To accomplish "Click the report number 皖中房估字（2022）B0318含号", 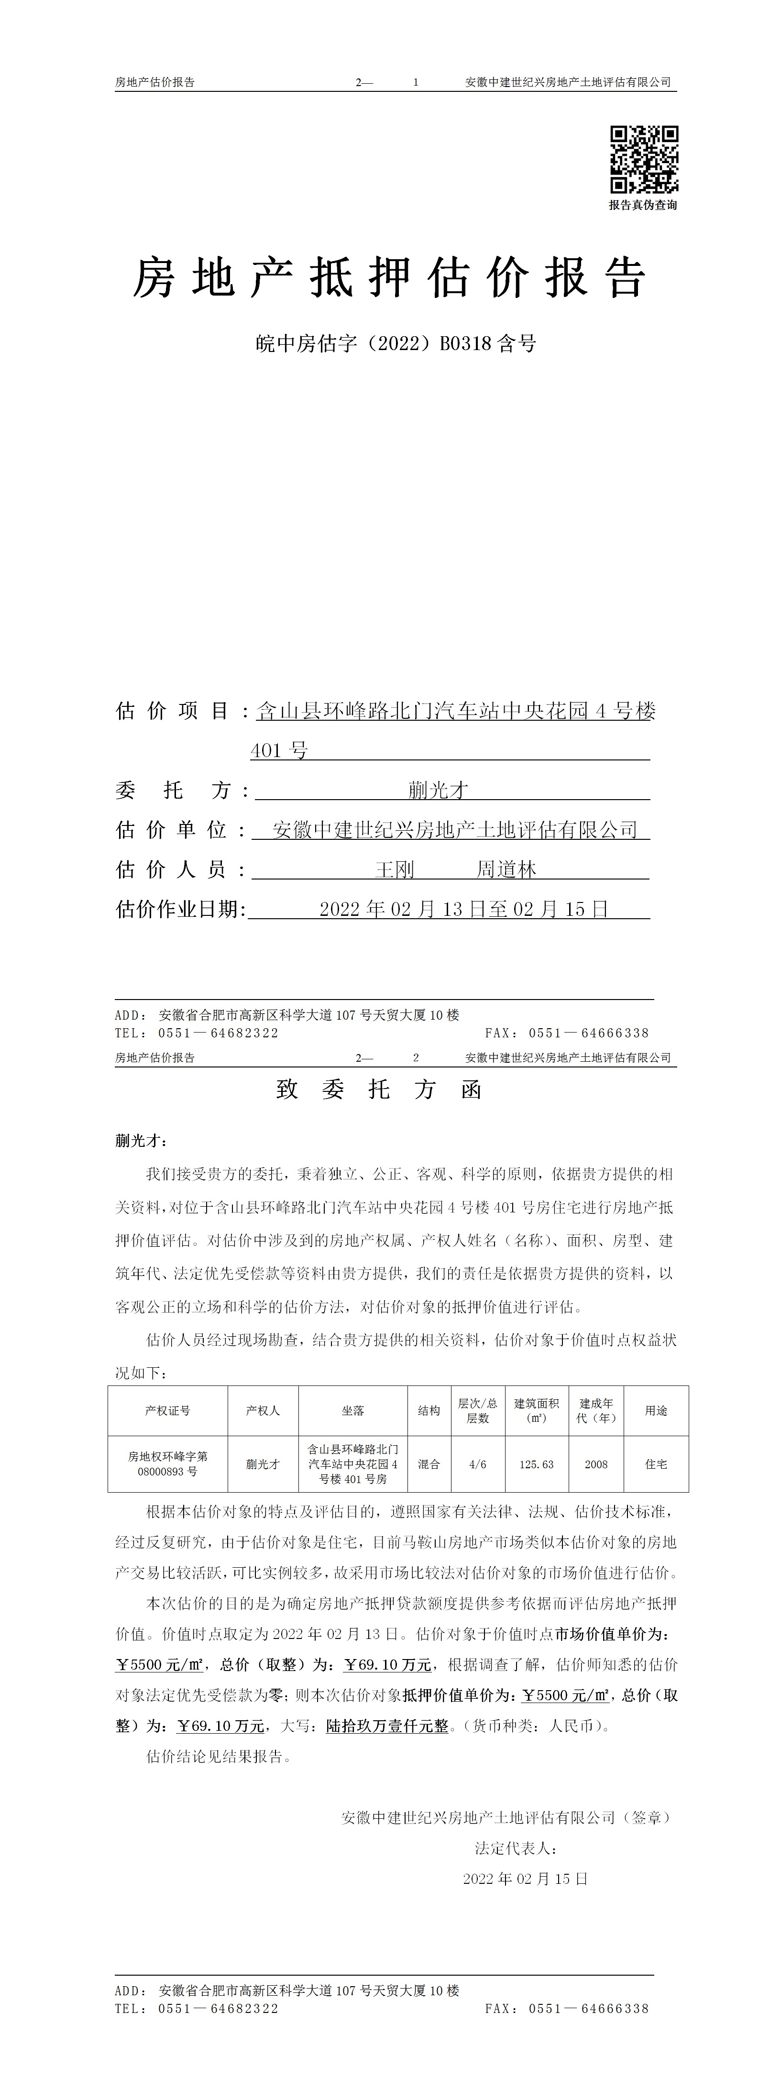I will tap(396, 344).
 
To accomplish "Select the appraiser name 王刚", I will tap(395, 869).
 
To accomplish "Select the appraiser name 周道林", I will tap(506, 869).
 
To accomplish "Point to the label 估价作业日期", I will tap(180, 909).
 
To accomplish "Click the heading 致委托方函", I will tap(380, 1089).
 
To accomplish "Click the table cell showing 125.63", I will tap(536, 1464).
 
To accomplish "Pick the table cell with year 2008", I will tap(596, 1464).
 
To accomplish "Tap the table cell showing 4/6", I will tap(478, 1464).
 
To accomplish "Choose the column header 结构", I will tap(429, 1411).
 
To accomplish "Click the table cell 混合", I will tap(429, 1464).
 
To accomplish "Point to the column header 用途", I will tap(656, 1411).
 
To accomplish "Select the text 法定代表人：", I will tap(516, 1848).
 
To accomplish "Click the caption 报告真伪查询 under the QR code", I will tap(643, 205).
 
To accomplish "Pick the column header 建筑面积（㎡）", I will tap(536, 1410).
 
